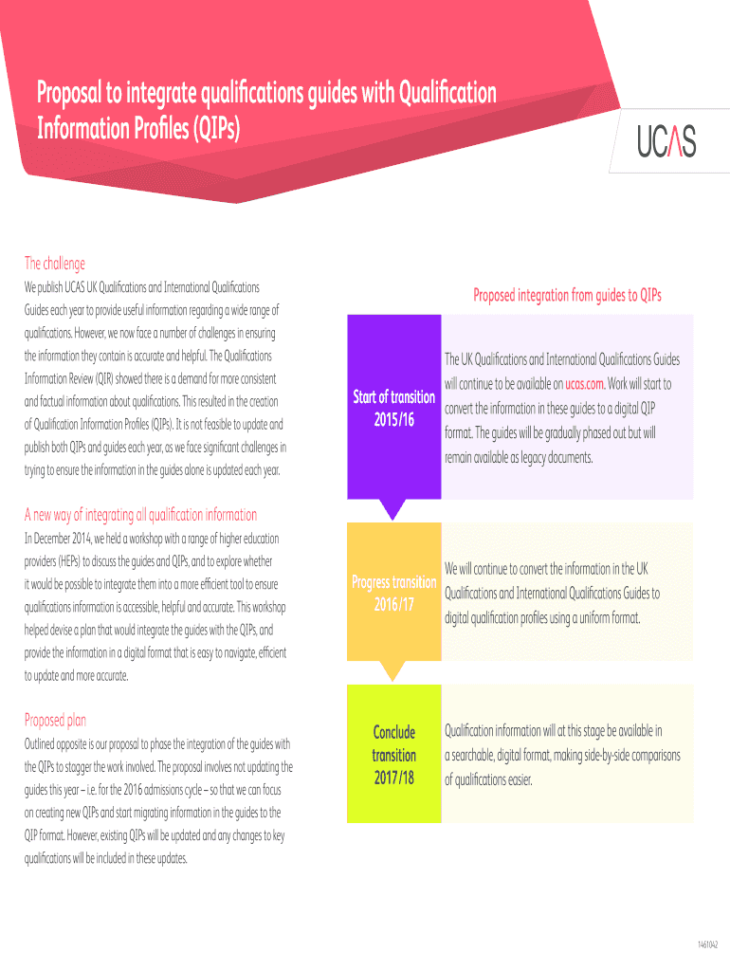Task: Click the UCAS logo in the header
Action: [x=661, y=141]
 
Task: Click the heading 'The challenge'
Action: [x=55, y=264]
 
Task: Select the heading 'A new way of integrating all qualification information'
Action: [x=140, y=515]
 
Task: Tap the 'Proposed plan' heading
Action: [x=55, y=720]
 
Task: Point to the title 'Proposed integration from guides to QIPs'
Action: [x=567, y=295]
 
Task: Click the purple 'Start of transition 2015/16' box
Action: [x=393, y=407]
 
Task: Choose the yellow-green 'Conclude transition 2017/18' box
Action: [x=393, y=755]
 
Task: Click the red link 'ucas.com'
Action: [x=585, y=384]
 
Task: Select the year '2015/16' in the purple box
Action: [x=393, y=419]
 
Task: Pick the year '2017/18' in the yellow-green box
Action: [x=393, y=779]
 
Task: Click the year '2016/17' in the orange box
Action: [x=393, y=604]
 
